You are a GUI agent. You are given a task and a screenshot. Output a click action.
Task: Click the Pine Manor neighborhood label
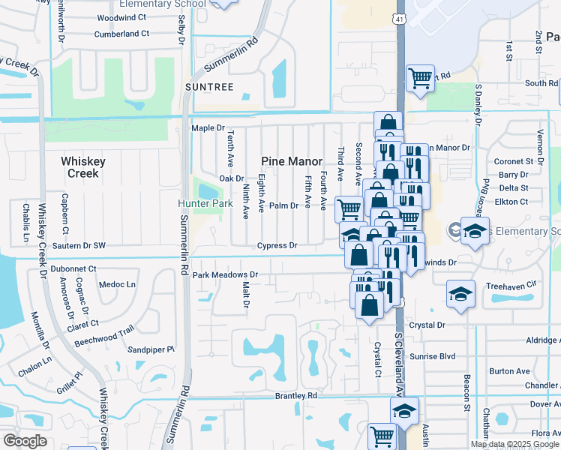point(292,161)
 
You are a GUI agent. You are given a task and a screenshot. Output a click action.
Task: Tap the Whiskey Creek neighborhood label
point(80,166)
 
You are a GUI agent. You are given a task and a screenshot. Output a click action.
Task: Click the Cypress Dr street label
point(277,245)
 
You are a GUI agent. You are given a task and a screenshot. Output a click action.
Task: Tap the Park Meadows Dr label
point(225,275)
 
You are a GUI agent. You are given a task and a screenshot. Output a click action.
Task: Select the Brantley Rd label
point(296,395)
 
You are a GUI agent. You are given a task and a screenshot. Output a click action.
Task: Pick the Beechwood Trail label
point(104,334)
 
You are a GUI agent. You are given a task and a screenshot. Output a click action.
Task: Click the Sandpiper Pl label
point(150,349)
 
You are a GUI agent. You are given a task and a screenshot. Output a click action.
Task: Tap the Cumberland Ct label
point(122,34)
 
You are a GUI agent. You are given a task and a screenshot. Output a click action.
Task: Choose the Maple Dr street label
point(208,128)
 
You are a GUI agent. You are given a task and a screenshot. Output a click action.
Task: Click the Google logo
point(25,441)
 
